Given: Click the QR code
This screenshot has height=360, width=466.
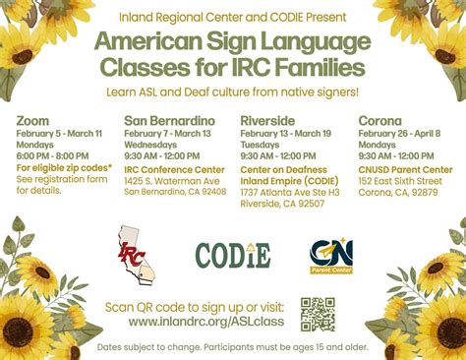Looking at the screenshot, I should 319,313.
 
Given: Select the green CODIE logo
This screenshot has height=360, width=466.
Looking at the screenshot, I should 233,256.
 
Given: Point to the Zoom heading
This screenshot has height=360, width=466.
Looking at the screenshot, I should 32,120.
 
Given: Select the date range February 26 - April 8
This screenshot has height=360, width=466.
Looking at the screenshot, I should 399,133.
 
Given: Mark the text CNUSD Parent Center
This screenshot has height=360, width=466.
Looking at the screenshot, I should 398,168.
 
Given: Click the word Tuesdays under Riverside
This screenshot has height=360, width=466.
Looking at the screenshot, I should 259,145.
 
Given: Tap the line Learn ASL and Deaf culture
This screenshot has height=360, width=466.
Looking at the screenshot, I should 232,91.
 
